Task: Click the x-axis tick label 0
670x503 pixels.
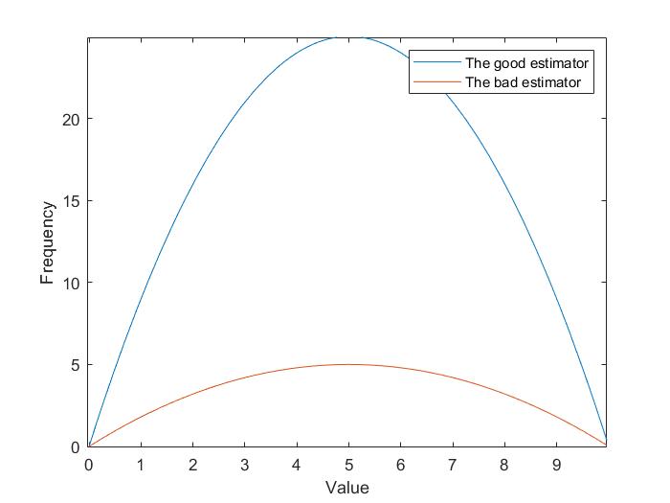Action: (89, 465)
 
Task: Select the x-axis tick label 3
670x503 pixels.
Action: (245, 465)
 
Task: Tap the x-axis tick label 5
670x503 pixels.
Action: (349, 465)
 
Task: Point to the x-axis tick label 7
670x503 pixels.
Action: (454, 465)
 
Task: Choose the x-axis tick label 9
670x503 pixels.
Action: (558, 465)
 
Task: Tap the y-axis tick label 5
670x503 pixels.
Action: (75, 365)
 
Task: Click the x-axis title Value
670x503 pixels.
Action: (346, 488)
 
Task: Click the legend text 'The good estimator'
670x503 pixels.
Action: (526, 64)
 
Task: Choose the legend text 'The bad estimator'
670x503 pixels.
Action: (523, 83)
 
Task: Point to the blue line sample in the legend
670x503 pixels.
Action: (436, 64)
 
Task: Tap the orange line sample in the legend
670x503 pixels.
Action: (436, 83)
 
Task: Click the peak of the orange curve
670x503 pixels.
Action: (349, 364)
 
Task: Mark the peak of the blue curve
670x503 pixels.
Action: (349, 37)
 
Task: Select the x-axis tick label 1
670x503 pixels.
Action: (141, 465)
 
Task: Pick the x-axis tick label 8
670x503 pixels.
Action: (505, 465)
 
